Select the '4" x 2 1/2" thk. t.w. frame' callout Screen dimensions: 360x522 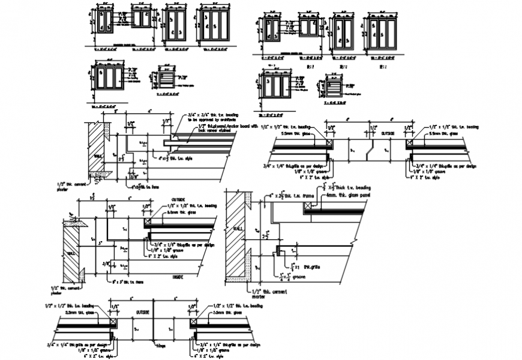point(291,196)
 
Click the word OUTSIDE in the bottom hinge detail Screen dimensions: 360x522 point(144,312)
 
